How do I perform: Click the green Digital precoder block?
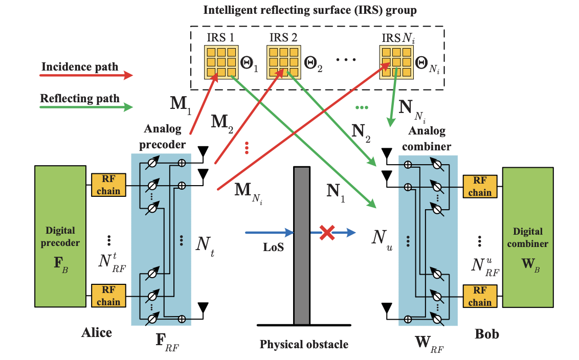[60, 236]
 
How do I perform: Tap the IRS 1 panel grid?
[220, 62]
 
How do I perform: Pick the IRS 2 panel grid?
[282, 62]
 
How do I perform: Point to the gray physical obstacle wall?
[302, 245]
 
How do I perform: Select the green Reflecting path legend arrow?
[86, 107]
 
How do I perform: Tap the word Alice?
[97, 333]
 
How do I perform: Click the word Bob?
[486, 334]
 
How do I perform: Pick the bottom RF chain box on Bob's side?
[479, 297]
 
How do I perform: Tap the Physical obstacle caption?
[304, 344]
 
